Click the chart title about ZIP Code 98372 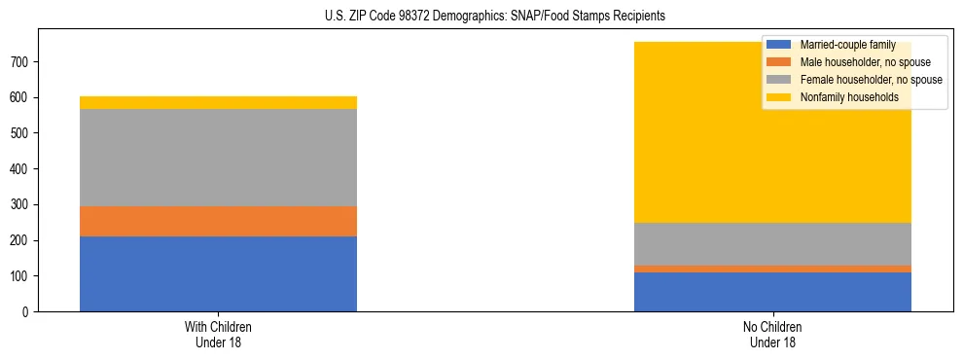click(x=481, y=17)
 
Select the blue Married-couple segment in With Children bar click(x=218, y=273)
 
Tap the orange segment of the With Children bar click(x=218, y=221)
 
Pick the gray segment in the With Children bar click(x=218, y=158)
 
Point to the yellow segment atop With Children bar click(x=218, y=102)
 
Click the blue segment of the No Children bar click(x=772, y=292)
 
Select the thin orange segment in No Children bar click(x=772, y=269)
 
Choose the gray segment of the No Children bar click(x=772, y=244)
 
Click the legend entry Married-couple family click(x=846, y=45)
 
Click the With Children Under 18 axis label click(x=218, y=334)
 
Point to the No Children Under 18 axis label click(x=772, y=334)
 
